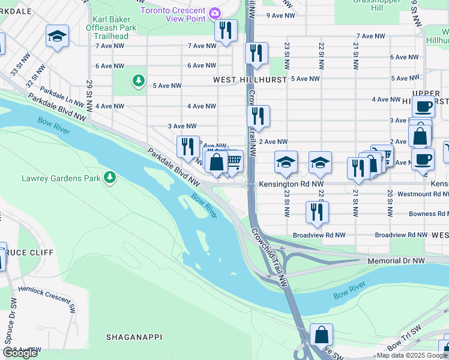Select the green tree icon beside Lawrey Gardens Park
(x=109, y=177)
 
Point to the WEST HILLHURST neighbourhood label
(x=243, y=79)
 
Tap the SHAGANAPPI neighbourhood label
(x=134, y=337)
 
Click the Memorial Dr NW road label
(x=396, y=261)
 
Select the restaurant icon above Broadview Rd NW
(x=317, y=211)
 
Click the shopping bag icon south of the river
(x=322, y=334)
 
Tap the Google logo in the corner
(x=20, y=353)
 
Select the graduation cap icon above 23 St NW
(x=286, y=161)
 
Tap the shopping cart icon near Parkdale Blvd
(x=233, y=160)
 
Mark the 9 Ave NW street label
(x=281, y=15)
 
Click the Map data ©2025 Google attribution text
(x=412, y=355)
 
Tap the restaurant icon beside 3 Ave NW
(x=258, y=116)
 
